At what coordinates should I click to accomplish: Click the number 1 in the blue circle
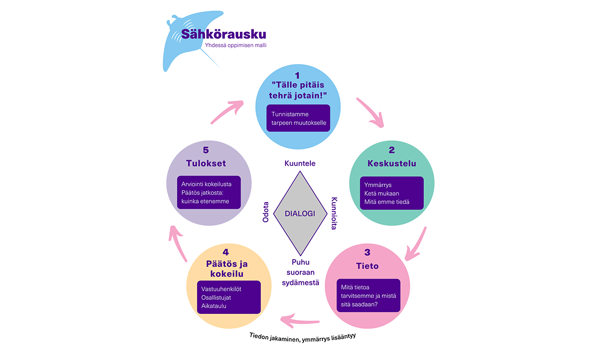pos(298,75)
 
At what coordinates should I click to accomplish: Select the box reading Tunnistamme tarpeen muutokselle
pos(298,118)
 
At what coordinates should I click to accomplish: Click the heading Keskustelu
pos(391,164)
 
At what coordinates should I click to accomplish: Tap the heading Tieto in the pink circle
pos(367,266)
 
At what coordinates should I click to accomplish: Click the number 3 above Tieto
pos(367,253)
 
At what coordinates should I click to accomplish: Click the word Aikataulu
pos(214,306)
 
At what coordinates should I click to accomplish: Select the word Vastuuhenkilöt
pos(222,288)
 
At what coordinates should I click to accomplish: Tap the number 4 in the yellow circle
pos(228,252)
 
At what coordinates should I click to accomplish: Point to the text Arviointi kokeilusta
pos(206,184)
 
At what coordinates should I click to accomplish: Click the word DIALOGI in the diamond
pos(300,213)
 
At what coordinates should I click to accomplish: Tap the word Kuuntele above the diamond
pos(300,163)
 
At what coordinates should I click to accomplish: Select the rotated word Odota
pos(266,212)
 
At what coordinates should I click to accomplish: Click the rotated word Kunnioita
pos(334,214)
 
